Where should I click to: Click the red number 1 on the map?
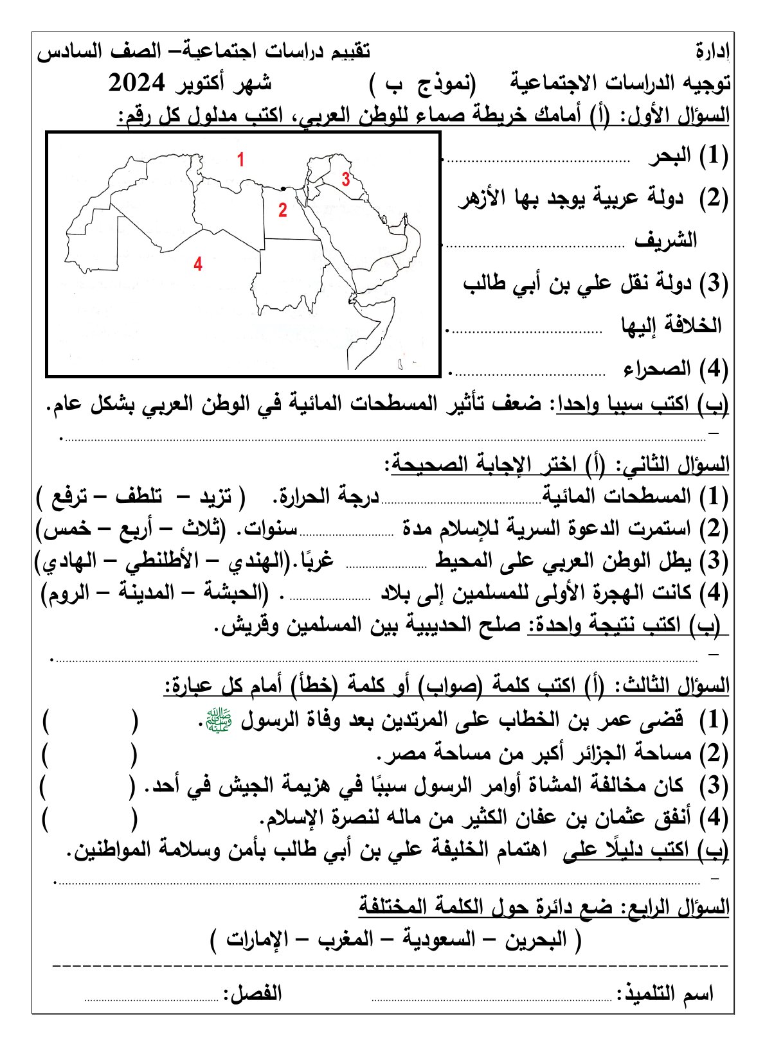point(240,159)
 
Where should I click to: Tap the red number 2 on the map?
point(282,210)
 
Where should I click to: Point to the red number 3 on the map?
point(346,179)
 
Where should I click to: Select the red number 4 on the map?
point(198,264)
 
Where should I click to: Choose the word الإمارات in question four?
point(257,940)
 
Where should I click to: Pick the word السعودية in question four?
point(440,940)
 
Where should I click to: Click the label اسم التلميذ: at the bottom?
point(665,994)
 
